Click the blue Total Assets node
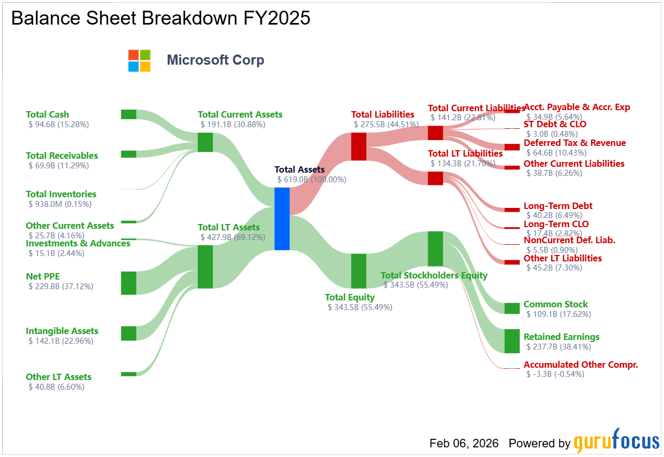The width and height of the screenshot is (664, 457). point(282,219)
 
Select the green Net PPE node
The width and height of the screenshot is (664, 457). point(129,283)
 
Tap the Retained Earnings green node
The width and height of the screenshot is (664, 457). point(512,341)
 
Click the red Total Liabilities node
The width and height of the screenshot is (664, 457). point(359,146)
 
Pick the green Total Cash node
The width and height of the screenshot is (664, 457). point(129,114)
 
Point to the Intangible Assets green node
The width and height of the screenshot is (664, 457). point(129,334)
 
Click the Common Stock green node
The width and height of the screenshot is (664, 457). point(512,308)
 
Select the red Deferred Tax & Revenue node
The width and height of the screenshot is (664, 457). point(512,147)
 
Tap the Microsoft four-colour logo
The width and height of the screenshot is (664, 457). point(140,61)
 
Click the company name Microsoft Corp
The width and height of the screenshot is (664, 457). point(215,60)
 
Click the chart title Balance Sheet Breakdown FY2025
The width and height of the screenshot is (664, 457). point(161,18)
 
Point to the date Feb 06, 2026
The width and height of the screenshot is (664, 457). point(464,443)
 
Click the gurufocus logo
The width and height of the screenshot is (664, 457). point(616,441)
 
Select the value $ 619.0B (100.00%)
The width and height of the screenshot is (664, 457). point(312,180)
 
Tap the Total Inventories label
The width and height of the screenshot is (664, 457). point(61,194)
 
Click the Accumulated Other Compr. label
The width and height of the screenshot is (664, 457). point(581,365)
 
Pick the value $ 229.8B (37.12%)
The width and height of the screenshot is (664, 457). point(61,286)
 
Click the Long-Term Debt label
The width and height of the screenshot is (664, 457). point(558,206)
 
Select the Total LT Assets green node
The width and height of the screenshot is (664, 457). point(205,267)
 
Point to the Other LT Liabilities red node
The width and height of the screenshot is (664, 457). point(512,262)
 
